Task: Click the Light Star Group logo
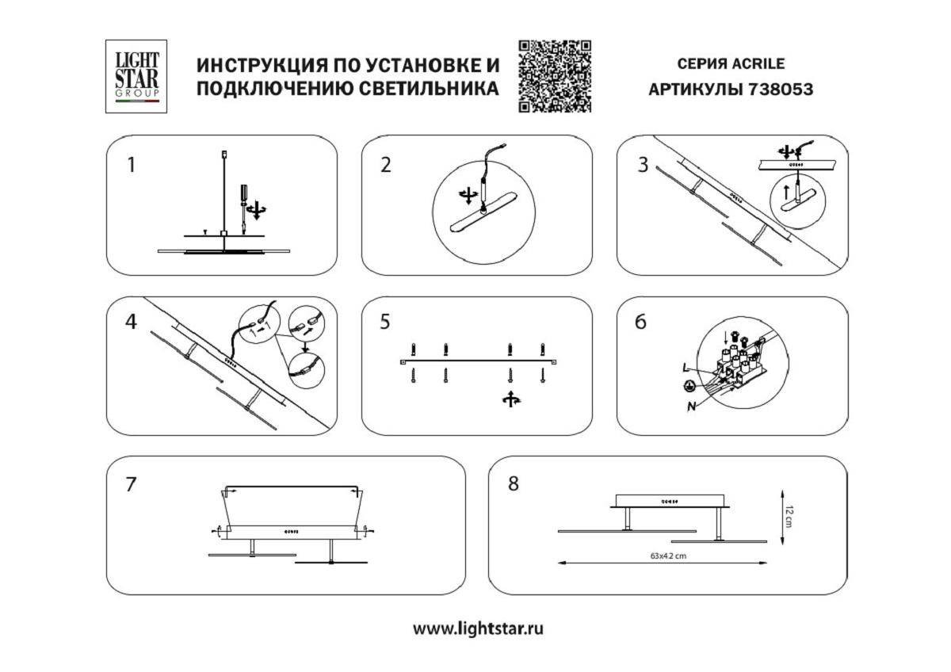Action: pyautogui.click(x=137, y=76)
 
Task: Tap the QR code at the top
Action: pyautogui.click(x=555, y=77)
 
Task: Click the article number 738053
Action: pyautogui.click(x=780, y=90)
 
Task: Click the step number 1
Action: pyautogui.click(x=132, y=166)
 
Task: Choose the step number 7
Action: pyautogui.click(x=132, y=484)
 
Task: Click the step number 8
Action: pyautogui.click(x=514, y=483)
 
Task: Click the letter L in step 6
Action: pyautogui.click(x=685, y=368)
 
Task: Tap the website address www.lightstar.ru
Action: pyautogui.click(x=479, y=629)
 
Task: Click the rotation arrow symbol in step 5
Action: pyautogui.click(x=510, y=399)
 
